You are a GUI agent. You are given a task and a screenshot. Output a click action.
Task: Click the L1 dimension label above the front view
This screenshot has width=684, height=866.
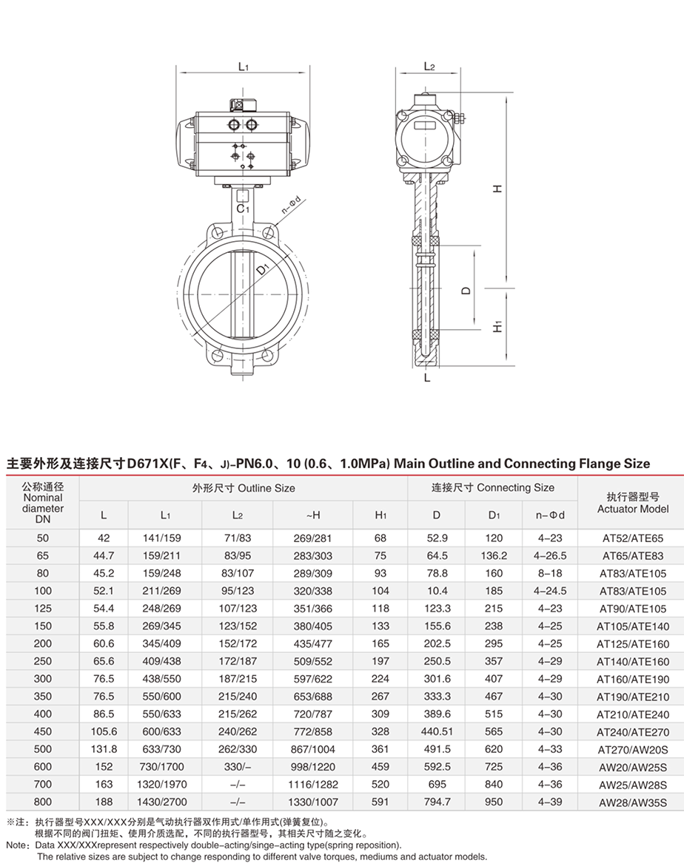[x=243, y=67]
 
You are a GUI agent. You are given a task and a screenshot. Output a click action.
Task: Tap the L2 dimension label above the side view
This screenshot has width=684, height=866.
[x=429, y=66]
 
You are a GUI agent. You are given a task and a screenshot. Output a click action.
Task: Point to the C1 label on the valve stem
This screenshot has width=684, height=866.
[x=241, y=209]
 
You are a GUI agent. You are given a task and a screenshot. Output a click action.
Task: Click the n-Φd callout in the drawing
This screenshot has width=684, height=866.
[x=289, y=204]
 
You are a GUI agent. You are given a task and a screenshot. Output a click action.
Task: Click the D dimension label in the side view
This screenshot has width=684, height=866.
[x=466, y=291]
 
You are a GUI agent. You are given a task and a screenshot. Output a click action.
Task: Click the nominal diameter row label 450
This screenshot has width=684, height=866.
[x=42, y=731]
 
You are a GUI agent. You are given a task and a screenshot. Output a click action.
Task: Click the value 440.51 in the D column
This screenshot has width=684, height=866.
[x=437, y=731]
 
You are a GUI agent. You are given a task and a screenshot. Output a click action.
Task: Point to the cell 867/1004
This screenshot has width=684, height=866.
[x=312, y=749]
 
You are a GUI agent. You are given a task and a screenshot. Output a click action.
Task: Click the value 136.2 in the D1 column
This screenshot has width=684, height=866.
[x=494, y=555]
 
